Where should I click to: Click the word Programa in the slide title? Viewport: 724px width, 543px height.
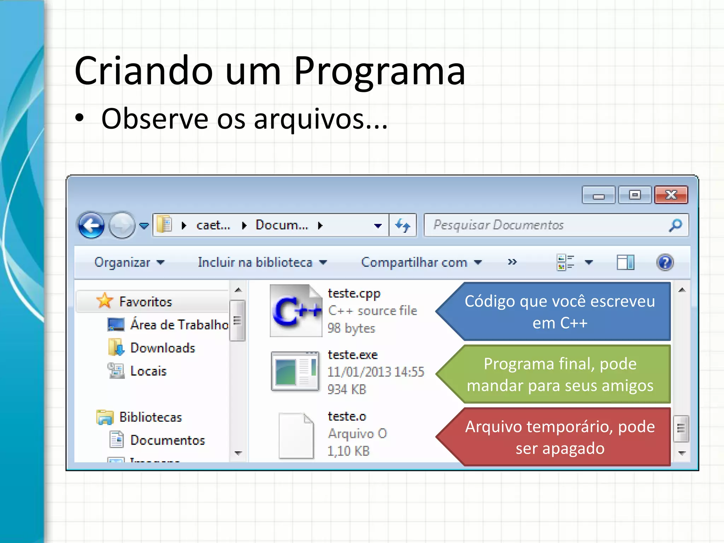click(x=379, y=71)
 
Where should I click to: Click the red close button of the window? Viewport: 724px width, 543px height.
click(x=671, y=195)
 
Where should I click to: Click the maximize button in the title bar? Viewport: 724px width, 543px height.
click(x=635, y=195)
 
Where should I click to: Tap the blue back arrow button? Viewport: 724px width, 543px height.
click(x=91, y=225)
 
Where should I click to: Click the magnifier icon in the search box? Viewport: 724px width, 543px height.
click(x=675, y=225)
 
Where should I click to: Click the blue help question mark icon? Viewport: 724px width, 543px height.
click(x=665, y=262)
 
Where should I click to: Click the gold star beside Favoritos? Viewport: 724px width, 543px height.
click(x=105, y=301)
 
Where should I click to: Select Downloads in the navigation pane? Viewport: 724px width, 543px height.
click(x=162, y=348)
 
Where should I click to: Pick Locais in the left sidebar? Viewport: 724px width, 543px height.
click(x=148, y=371)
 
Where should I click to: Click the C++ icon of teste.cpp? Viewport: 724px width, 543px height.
click(x=296, y=311)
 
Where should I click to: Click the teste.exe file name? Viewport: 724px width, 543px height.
click(x=352, y=355)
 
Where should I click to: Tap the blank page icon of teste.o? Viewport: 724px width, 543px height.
click(x=296, y=436)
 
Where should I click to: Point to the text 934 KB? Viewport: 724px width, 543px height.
click(x=347, y=390)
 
